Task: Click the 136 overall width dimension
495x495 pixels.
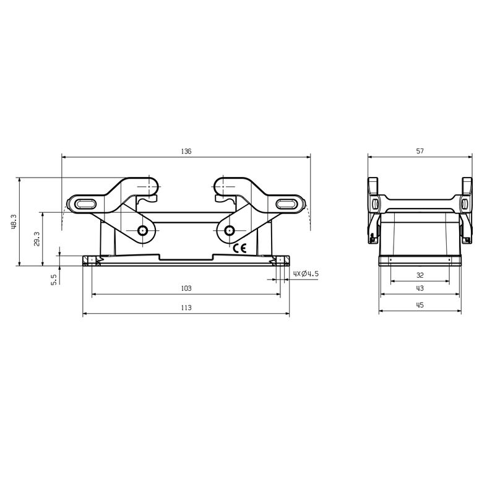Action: pos(186,151)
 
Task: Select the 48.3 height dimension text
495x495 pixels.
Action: pos(14,222)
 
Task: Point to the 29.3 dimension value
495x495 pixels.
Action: pos(37,239)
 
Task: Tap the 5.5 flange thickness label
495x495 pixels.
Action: pos(54,280)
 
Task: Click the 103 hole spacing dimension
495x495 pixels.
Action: pos(186,288)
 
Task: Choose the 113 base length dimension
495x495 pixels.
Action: pos(186,308)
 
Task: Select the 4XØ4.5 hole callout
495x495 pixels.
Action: pos(306,273)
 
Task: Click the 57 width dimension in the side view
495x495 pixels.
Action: pos(420,151)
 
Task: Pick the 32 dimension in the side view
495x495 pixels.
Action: pos(420,275)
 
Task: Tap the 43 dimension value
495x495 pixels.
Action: pos(420,288)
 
